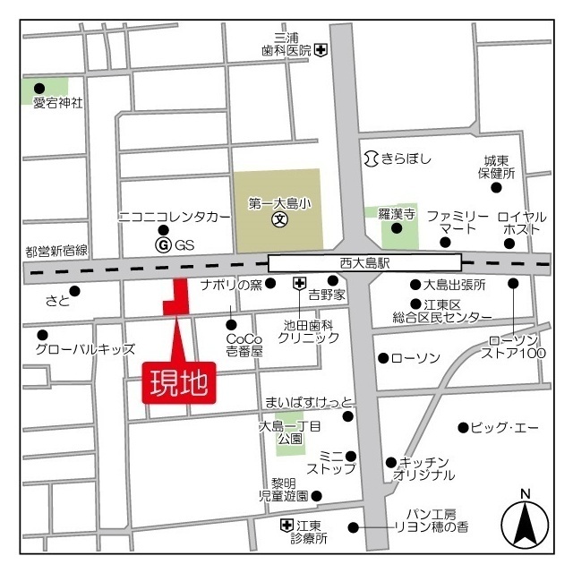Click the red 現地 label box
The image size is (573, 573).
[x=180, y=382]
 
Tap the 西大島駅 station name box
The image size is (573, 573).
[x=364, y=263]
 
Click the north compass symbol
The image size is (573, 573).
[x=525, y=522]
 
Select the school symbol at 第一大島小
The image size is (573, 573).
[x=279, y=218]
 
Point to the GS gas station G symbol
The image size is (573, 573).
[x=163, y=244]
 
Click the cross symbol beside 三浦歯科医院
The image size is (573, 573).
[x=321, y=50]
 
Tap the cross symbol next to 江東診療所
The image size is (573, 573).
[x=286, y=525]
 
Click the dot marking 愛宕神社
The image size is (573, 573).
[x=38, y=88]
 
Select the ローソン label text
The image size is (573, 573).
[x=416, y=358]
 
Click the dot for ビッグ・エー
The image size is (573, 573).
[x=463, y=427]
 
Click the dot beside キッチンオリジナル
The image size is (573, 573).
[x=390, y=462]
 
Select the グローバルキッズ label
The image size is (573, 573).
[x=85, y=349]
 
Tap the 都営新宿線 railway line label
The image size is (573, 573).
[x=56, y=251]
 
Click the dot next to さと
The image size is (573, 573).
[x=75, y=290]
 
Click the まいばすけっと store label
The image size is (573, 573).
[x=309, y=401]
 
